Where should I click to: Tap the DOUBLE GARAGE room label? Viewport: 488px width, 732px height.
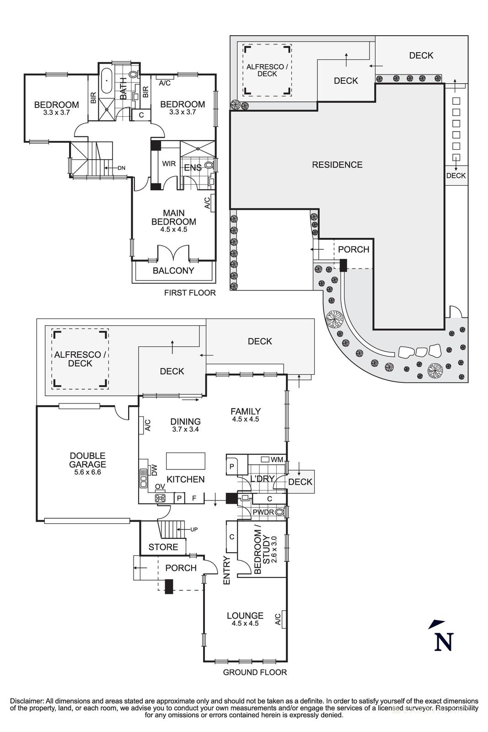click(87, 460)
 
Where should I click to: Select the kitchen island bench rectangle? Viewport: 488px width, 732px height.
click(185, 461)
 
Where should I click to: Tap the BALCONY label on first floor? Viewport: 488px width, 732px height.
click(173, 270)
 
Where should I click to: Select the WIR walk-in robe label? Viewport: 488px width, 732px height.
click(169, 164)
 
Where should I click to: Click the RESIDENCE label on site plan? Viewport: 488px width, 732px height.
click(337, 165)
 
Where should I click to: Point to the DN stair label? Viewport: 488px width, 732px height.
click(121, 168)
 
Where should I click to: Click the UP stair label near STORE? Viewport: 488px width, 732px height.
click(194, 529)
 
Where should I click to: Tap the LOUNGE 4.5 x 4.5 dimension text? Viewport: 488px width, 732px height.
click(245, 623)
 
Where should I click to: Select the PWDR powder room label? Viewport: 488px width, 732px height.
click(263, 512)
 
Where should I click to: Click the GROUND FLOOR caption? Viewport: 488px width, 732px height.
click(255, 672)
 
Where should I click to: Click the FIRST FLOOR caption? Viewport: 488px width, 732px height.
click(189, 293)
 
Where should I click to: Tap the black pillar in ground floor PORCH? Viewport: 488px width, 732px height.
click(169, 587)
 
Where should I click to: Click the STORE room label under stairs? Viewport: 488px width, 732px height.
click(163, 547)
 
